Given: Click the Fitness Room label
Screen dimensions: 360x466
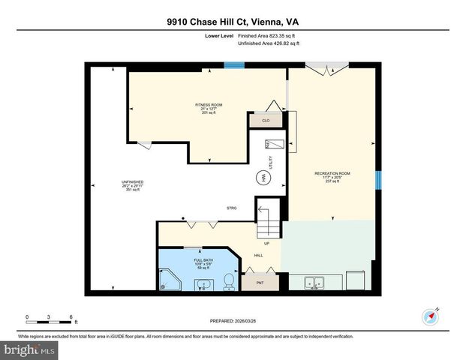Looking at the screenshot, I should pyautogui.click(x=209, y=104).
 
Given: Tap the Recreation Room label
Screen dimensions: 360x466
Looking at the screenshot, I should pyautogui.click(x=332, y=173).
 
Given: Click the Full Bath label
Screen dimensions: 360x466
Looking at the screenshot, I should pyautogui.click(x=193, y=259).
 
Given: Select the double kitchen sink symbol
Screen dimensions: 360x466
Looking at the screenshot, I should pyautogui.click(x=315, y=283).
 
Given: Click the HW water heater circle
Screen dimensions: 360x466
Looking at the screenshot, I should pyautogui.click(x=264, y=178).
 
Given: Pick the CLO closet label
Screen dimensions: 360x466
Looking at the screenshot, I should pyautogui.click(x=265, y=118).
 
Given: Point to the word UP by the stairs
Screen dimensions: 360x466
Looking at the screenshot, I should pyautogui.click(x=266, y=242).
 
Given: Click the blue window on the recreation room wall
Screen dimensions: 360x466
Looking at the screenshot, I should pyautogui.click(x=378, y=180).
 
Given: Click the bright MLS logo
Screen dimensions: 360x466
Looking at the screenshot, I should pyautogui.click(x=29, y=349).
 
